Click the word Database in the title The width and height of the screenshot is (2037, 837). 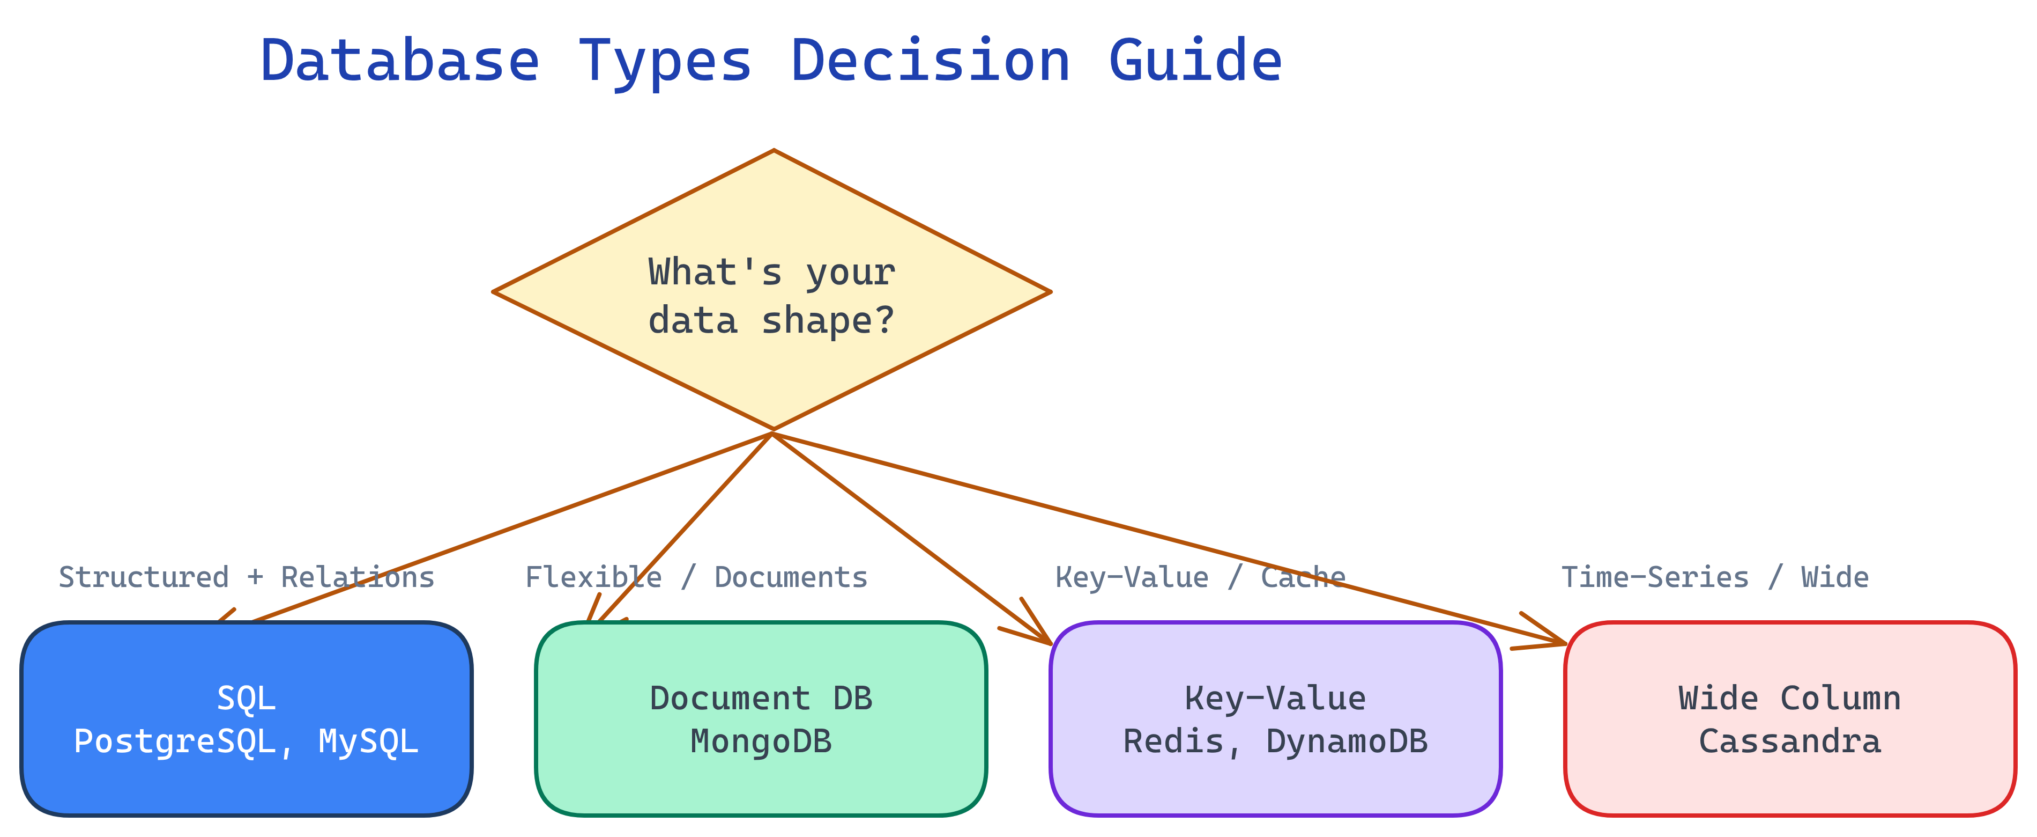(399, 62)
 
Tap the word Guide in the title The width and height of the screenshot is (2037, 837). (1195, 62)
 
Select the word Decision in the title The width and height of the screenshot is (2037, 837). (930, 62)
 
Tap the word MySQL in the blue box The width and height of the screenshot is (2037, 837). (368, 742)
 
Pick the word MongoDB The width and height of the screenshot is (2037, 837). (761, 742)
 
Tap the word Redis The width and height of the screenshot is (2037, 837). (1173, 742)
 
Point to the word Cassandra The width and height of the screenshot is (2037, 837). (1789, 742)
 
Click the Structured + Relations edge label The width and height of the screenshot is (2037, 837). (246, 577)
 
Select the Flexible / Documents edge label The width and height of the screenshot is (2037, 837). (696, 577)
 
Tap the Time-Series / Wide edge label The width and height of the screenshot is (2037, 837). (1714, 577)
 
